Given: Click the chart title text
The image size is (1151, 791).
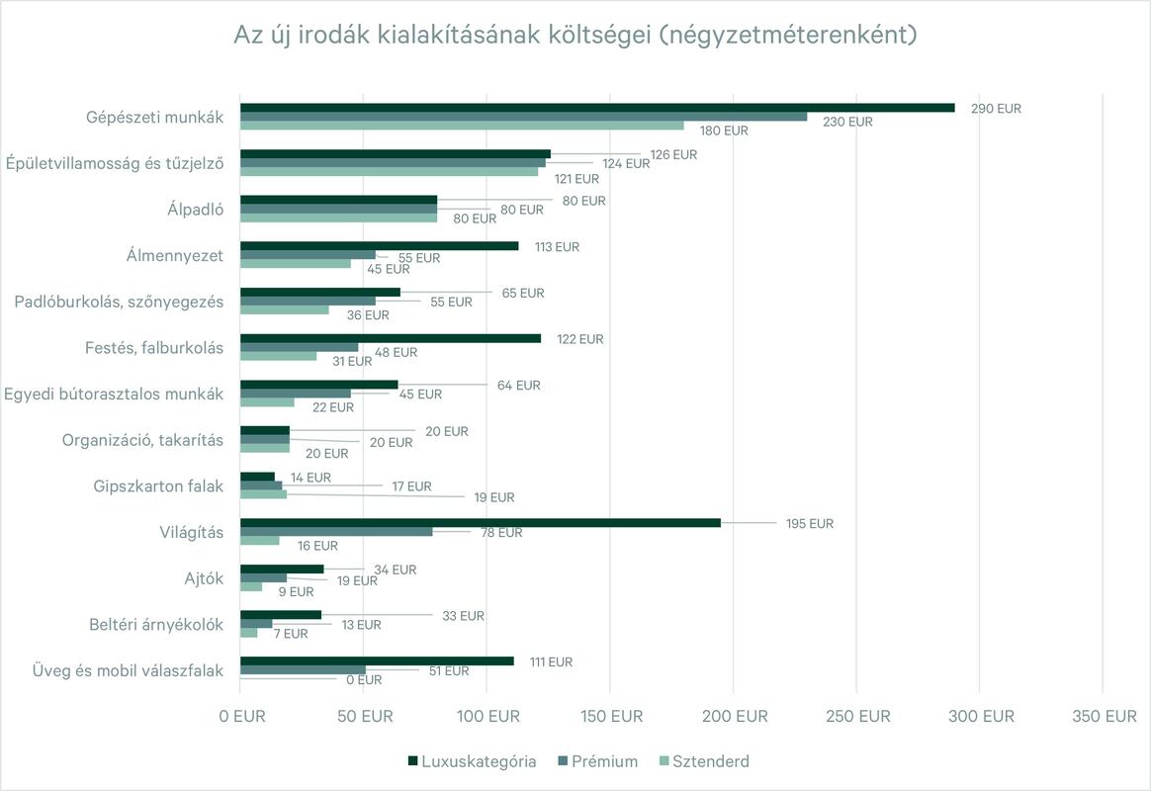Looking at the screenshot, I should [575, 36].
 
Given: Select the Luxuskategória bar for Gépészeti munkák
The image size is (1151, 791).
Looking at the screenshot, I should [597, 107].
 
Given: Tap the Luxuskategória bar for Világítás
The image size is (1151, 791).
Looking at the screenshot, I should [480, 522].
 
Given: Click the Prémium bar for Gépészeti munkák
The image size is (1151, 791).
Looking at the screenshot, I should [523, 117].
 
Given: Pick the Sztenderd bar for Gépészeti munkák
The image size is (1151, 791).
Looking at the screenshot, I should [462, 126].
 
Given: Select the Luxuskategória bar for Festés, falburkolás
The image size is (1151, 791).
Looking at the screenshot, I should [391, 338].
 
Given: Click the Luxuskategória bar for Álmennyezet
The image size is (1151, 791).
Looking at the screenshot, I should [379, 245].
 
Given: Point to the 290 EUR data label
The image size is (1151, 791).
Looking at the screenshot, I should [996, 109].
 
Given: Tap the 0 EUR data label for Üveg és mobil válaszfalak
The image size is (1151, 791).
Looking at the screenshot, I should [363, 680].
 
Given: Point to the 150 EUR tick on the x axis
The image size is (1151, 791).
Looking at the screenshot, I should [610, 717].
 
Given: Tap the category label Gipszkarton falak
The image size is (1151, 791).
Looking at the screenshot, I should [158, 486].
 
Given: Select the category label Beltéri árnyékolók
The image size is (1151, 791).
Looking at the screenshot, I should [155, 625].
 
